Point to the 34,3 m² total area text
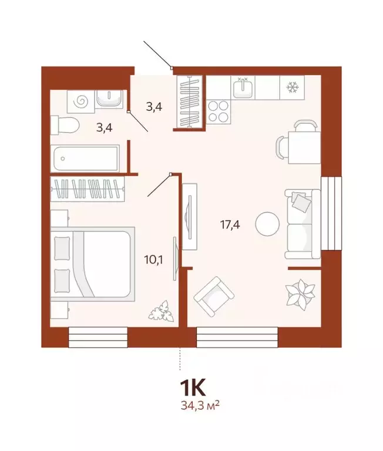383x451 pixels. click(x=199, y=405)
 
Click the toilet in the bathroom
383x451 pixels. click(x=65, y=125)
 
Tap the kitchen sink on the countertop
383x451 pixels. click(x=243, y=89)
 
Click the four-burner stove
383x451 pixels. click(x=219, y=111)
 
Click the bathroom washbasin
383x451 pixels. click(x=109, y=98)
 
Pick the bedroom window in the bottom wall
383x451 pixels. click(x=98, y=336)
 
